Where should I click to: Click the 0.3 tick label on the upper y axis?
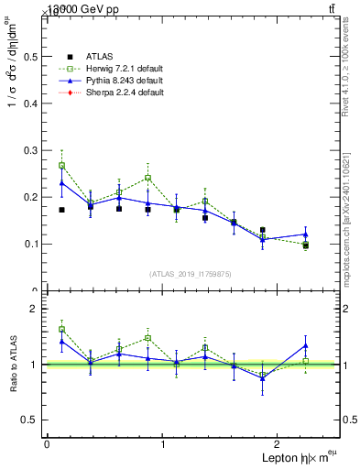coord(30,150)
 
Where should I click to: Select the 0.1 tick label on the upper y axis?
coord(30,244)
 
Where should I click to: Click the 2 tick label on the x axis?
coord(279,443)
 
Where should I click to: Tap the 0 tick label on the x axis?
coord(47,443)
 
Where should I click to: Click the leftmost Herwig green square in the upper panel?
coord(61,166)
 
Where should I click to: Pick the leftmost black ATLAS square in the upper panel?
coord(61,210)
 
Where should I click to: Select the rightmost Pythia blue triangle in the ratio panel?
coord(306,345)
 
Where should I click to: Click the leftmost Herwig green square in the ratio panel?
coord(61,329)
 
